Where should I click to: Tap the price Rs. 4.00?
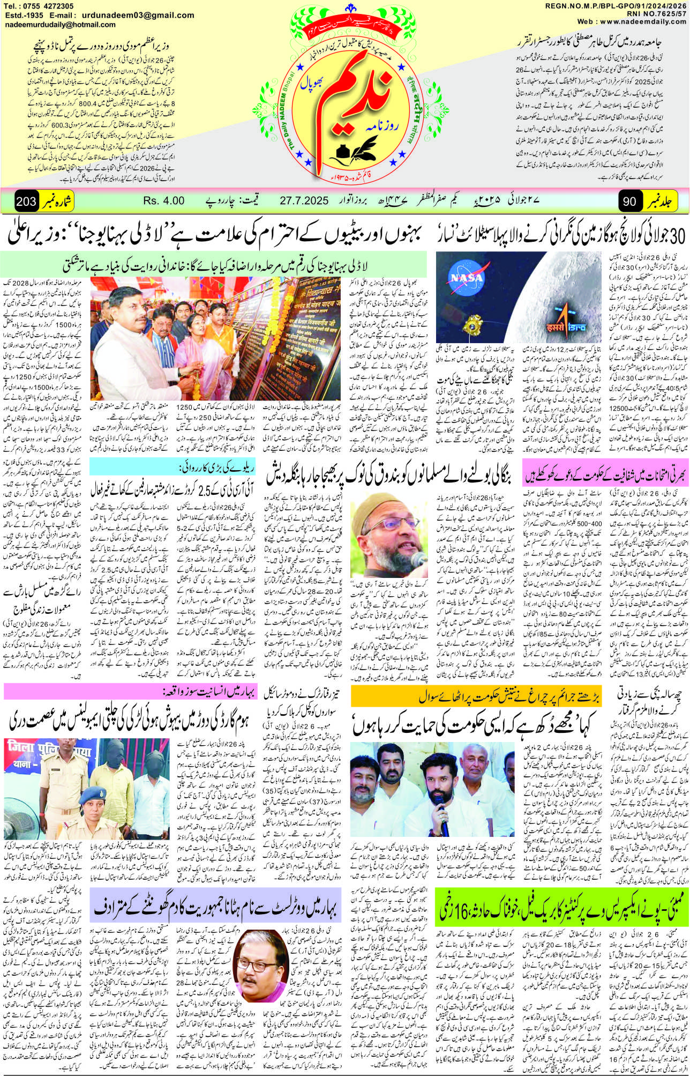(x=164, y=202)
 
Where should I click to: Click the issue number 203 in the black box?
(x=26, y=202)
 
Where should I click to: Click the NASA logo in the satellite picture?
(x=466, y=278)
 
